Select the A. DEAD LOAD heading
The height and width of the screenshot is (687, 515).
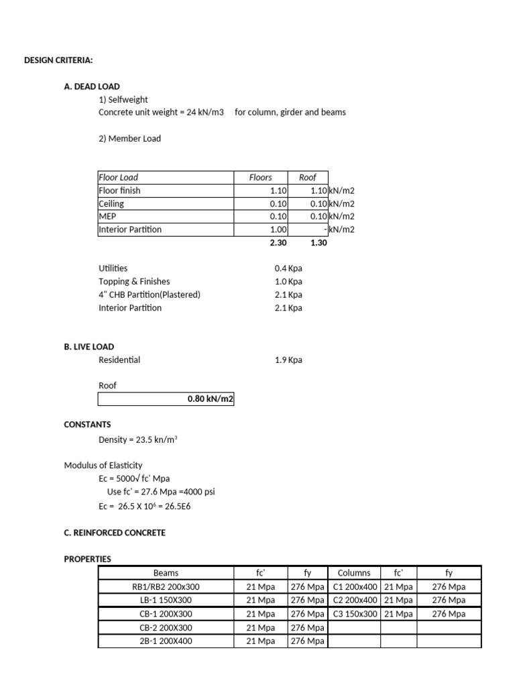[x=92, y=87]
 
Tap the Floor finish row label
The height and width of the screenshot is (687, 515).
[x=119, y=191]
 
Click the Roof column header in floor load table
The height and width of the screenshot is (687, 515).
[x=307, y=177]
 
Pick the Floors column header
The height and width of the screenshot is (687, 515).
[x=260, y=177]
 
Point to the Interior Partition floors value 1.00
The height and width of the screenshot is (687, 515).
[x=278, y=229]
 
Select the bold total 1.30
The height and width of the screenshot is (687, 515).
[x=319, y=242]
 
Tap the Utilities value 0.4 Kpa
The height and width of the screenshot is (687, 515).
[x=288, y=268]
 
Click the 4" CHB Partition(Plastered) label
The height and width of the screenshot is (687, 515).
[x=149, y=295]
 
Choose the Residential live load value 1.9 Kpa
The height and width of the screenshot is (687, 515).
[x=288, y=360]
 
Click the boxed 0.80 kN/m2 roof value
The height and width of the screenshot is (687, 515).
[x=210, y=399]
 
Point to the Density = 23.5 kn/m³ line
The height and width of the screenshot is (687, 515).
[x=137, y=439]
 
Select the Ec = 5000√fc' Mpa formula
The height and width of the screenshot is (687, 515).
[x=134, y=478]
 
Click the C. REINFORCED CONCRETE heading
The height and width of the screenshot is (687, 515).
[x=114, y=533]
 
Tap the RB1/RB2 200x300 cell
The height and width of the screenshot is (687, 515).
[x=166, y=587]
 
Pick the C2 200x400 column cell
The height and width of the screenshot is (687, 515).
[x=355, y=600]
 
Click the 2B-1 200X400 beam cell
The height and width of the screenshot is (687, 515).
[x=166, y=641]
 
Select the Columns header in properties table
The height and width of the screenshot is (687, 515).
[x=354, y=573]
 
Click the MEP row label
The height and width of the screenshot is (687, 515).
[x=107, y=217]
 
